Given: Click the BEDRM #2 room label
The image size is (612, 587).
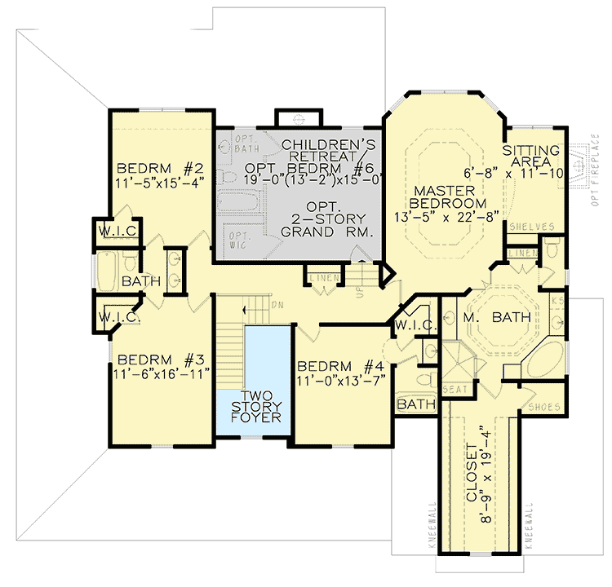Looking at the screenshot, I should click(x=160, y=169).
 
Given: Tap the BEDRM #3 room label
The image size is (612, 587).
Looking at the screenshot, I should click(x=162, y=359).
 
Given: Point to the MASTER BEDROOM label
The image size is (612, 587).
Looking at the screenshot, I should click(x=448, y=196).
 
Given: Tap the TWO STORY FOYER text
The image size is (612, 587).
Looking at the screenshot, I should click(x=255, y=405).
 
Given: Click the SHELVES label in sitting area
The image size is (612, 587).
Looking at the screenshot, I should click(x=531, y=227).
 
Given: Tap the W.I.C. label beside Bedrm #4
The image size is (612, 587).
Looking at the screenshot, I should click(x=407, y=325).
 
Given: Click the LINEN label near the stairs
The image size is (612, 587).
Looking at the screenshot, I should click(x=323, y=280).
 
